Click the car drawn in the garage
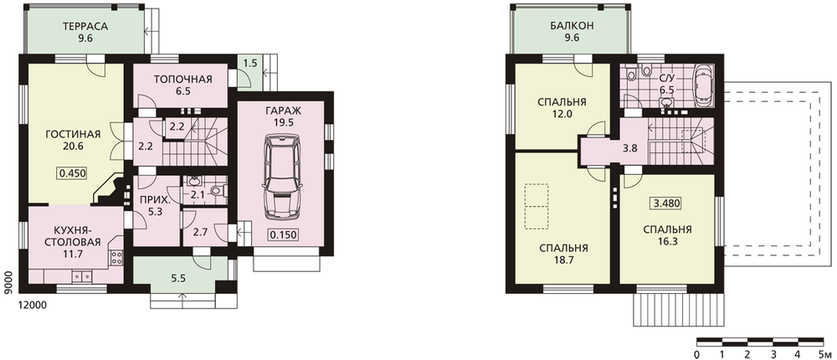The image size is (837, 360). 281,177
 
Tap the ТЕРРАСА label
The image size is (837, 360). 85,26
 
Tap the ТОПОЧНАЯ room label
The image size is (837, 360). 183,80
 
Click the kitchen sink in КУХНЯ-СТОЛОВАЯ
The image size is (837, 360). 81,276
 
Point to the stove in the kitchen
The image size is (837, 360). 116,259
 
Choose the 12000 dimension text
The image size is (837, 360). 33,305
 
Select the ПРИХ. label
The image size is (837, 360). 147,201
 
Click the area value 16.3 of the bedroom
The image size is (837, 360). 667,241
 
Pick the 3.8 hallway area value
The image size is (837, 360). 630,149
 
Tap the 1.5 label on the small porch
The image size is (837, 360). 250,64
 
